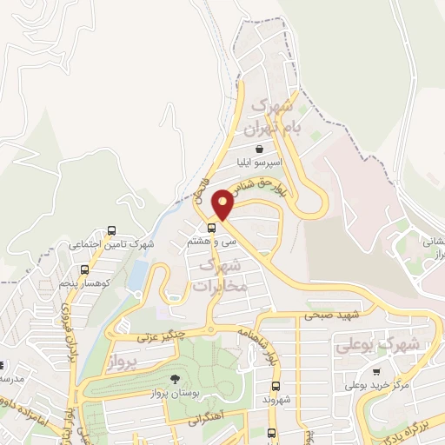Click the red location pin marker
coord(223,204)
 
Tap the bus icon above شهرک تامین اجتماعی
coord(111,231)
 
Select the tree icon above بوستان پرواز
coord(175,379)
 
